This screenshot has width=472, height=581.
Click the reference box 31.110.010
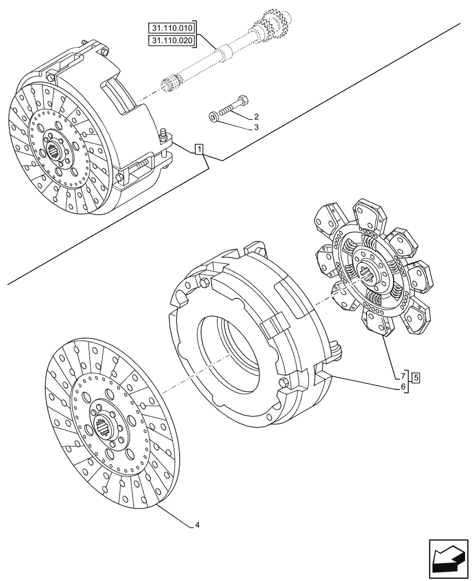(x=173, y=28)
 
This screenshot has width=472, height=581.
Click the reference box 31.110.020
(x=173, y=41)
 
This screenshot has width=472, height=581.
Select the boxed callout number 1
(x=199, y=150)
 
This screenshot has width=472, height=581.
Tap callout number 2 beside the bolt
(x=256, y=117)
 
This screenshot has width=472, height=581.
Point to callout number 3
(x=256, y=127)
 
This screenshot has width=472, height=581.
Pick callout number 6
(x=403, y=385)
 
